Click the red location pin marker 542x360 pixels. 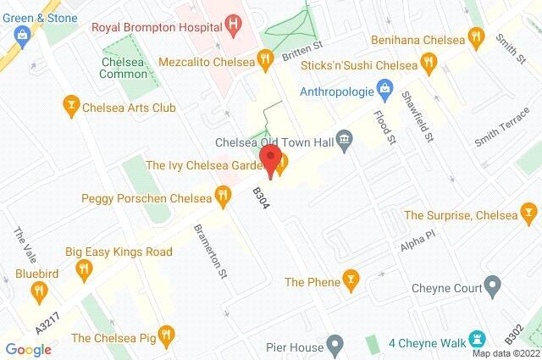270,160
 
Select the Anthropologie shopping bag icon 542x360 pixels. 384,87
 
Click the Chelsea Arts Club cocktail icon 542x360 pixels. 72,104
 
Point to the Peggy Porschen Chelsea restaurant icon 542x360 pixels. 223,198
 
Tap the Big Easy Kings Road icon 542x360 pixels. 83,270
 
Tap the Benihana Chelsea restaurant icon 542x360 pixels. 478,38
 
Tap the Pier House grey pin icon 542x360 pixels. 335,346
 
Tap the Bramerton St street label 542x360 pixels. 209,244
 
